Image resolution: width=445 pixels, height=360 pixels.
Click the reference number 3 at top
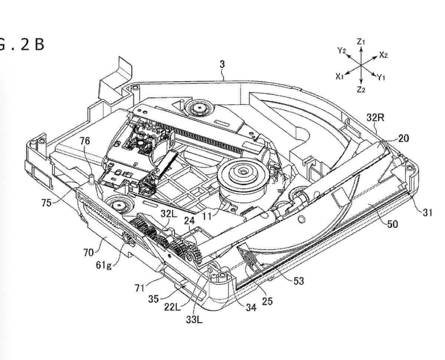(x=222, y=65)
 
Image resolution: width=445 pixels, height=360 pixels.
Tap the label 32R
(x=375, y=117)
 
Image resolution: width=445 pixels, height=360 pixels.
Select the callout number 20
(x=403, y=138)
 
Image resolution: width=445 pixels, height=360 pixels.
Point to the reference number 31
(x=427, y=212)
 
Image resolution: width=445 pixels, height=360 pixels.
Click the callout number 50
(x=393, y=224)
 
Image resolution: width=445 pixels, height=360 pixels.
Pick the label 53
(x=299, y=281)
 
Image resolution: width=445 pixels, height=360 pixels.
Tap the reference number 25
(x=267, y=301)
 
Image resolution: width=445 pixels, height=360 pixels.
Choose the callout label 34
(x=251, y=307)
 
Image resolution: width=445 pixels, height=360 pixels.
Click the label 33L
(x=194, y=320)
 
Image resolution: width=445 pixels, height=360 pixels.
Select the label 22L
(x=172, y=307)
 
